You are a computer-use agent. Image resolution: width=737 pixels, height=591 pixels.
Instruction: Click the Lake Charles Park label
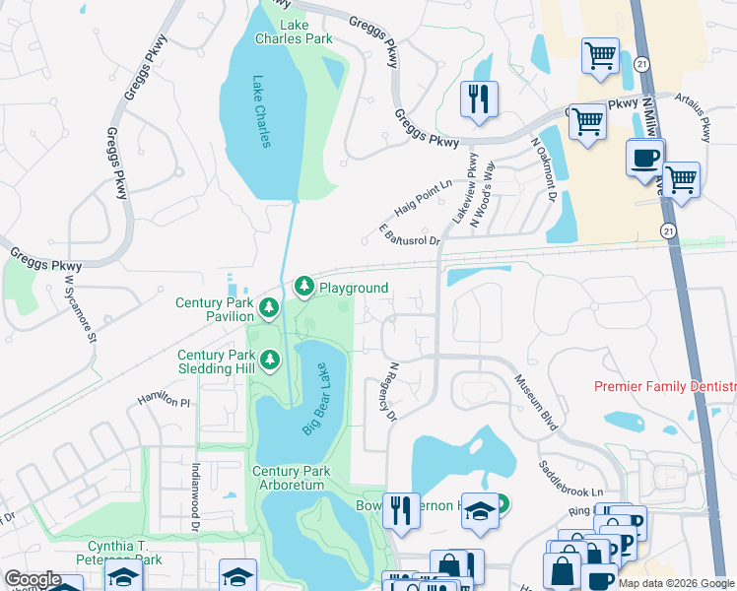point(294,32)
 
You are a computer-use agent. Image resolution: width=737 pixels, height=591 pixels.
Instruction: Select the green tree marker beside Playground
point(304,287)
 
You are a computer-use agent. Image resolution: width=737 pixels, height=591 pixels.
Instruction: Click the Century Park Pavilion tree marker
point(268,310)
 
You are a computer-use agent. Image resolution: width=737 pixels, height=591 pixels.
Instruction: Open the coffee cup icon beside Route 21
point(645,159)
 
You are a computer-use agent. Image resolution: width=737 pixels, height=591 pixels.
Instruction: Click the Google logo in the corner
point(32,579)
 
